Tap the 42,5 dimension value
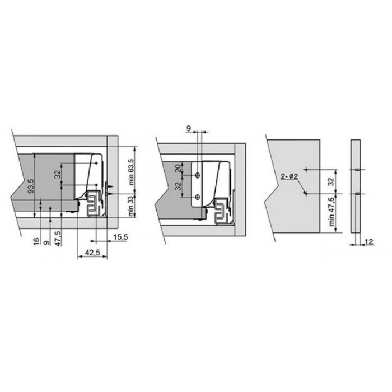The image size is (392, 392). pos(92,253)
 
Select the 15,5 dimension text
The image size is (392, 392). pos(121,237)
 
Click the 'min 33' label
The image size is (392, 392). pos(131,206)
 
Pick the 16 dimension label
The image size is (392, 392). pos(36,241)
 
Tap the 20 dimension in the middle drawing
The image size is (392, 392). pos(178,168)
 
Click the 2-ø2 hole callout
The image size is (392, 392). pos(290,176)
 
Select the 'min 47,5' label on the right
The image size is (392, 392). pos(332,212)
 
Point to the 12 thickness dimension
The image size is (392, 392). pos(369,241)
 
